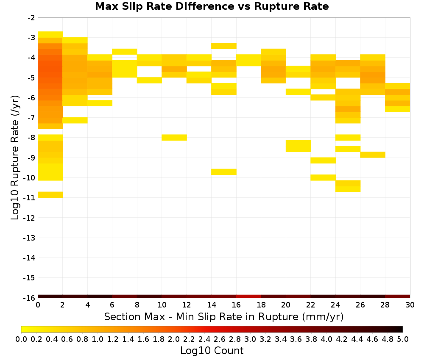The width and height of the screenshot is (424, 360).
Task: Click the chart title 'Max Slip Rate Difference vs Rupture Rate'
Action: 212,6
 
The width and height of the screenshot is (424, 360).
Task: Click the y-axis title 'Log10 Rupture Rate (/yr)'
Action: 15,158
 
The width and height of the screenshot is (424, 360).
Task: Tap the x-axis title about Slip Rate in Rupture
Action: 224,316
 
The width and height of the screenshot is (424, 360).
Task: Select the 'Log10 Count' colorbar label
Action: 212,351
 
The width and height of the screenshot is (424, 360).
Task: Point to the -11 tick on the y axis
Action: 29,198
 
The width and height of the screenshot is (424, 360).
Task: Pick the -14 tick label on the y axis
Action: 29,258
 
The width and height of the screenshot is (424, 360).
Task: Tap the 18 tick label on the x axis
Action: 261,305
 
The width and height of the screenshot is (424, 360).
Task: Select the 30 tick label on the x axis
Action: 410,305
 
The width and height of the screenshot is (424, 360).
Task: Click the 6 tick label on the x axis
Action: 112,305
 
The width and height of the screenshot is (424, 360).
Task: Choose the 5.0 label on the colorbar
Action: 403,339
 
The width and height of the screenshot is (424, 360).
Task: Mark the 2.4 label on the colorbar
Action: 204,339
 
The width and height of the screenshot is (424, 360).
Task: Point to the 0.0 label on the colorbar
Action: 21,339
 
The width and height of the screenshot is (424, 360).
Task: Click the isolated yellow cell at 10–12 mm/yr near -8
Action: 174,138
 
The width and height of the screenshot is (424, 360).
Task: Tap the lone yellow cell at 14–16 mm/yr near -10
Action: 224,172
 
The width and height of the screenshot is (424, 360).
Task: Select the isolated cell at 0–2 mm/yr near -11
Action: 50,195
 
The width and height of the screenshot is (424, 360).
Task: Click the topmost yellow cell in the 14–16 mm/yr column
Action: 224,46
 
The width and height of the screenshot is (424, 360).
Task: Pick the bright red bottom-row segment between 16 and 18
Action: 248,296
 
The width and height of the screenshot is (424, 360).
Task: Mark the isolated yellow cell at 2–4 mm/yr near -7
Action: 75,120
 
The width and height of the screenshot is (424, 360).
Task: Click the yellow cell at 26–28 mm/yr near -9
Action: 373,155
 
